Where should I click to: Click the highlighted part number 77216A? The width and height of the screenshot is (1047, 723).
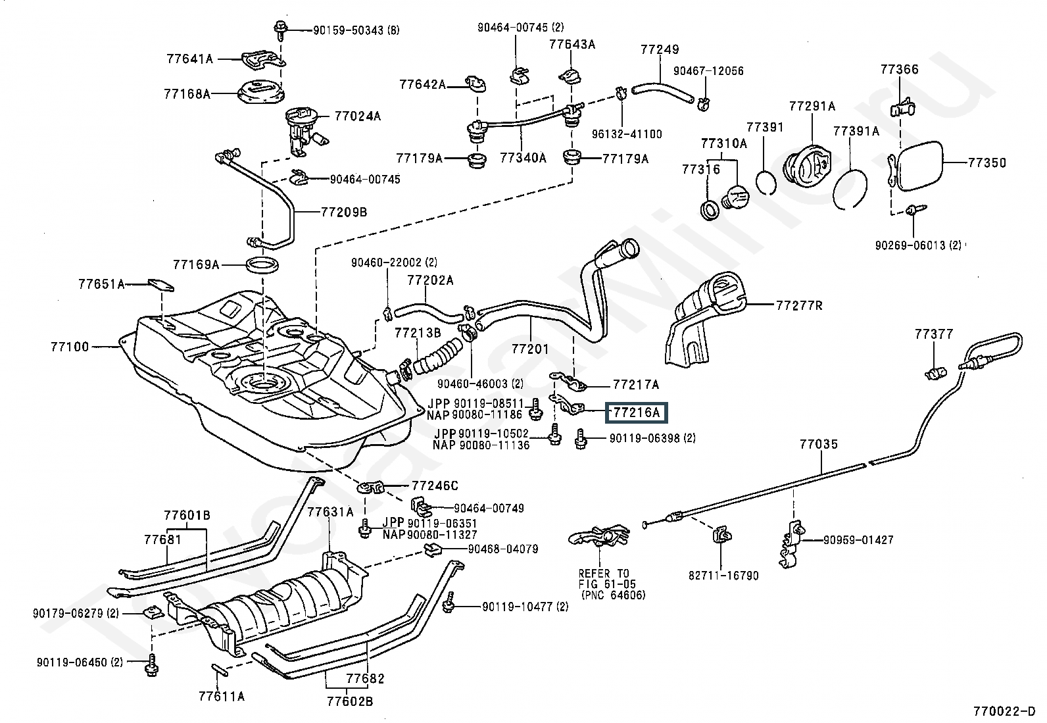point(635,412)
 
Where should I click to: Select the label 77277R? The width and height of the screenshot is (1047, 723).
point(799,305)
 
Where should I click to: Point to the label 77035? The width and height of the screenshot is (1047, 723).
point(819,444)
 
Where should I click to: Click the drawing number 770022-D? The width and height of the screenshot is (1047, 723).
point(1004,711)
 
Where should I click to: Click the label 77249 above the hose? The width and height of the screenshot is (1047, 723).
point(660,49)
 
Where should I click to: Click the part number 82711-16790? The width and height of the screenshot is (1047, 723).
point(723,576)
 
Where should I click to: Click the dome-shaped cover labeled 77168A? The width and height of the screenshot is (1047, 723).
point(259,91)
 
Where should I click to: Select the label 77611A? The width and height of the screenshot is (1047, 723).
point(222,696)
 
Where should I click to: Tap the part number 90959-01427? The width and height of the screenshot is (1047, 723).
point(858,540)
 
